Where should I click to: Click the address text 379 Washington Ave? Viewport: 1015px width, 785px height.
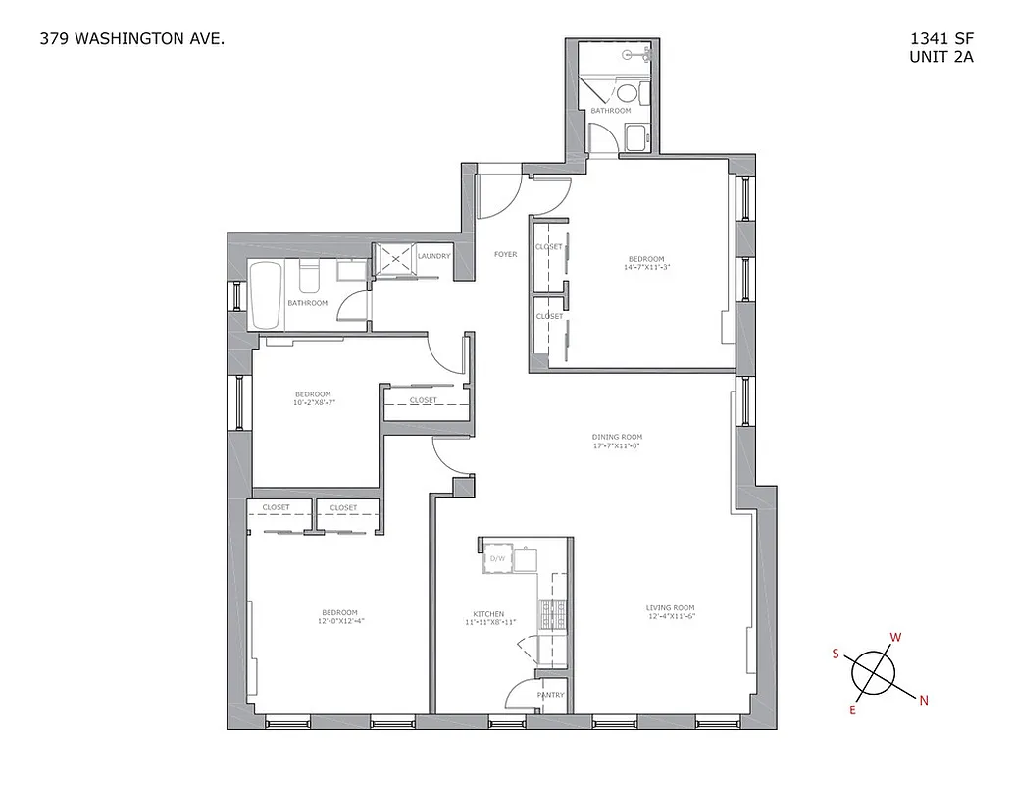pos(132,40)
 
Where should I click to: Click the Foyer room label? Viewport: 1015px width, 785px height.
pos(505,255)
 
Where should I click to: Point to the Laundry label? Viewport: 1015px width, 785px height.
pos(433,257)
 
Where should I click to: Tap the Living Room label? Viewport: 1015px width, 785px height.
pos(671,607)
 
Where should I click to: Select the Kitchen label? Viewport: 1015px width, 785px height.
pos(488,615)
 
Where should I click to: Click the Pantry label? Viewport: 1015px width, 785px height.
pos(550,695)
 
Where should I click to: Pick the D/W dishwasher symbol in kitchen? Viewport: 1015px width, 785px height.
pos(497,558)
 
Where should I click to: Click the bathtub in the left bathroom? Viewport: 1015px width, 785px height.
pos(266,294)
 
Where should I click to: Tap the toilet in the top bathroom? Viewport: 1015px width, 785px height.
pos(627,94)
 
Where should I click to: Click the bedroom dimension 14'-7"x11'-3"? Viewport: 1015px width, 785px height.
pos(648,267)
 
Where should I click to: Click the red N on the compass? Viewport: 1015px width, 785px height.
pos(924,700)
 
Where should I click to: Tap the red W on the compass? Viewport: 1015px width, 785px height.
pos(894,637)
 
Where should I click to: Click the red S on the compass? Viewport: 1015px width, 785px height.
pos(836,654)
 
